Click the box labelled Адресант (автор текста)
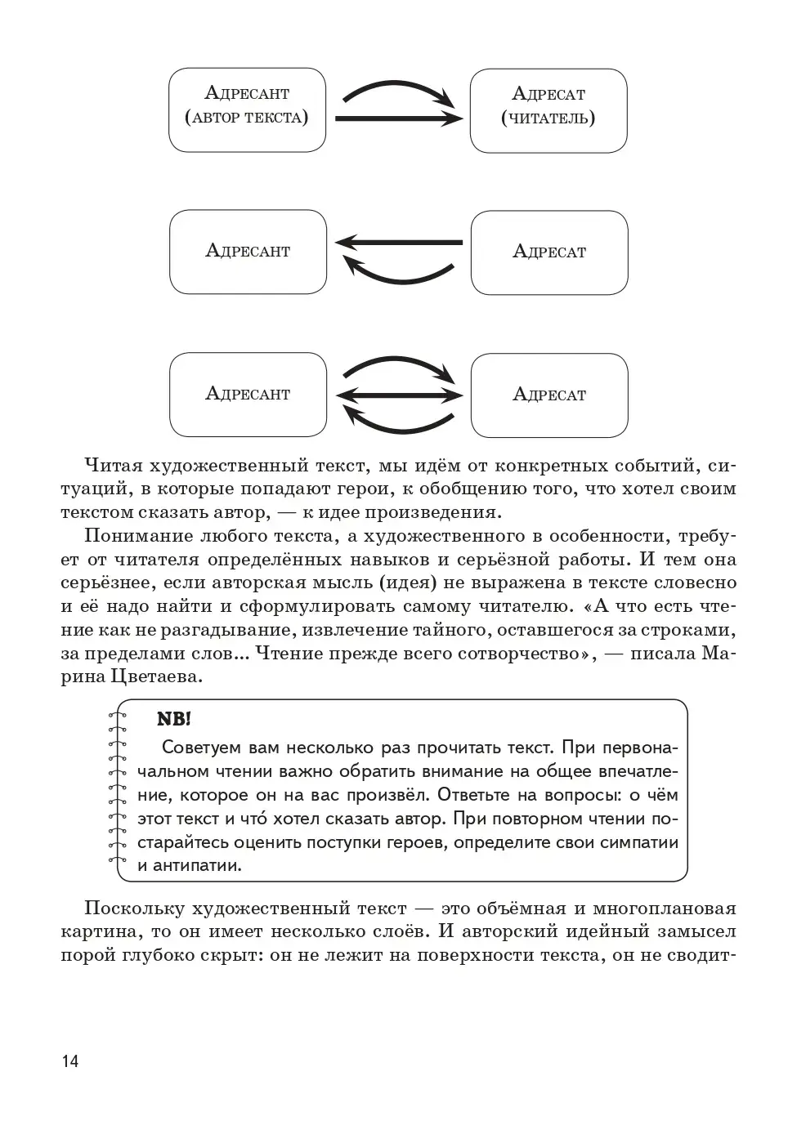(x=247, y=109)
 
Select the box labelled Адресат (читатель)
(x=548, y=110)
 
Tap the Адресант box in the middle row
(x=248, y=252)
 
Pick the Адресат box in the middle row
(x=549, y=252)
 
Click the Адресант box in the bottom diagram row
(x=248, y=395)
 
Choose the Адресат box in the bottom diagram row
(x=549, y=395)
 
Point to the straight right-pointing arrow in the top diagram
(x=399, y=119)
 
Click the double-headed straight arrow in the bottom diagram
(x=399, y=395)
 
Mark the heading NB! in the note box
(x=173, y=720)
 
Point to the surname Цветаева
(x=155, y=677)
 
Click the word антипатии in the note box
(x=200, y=865)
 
